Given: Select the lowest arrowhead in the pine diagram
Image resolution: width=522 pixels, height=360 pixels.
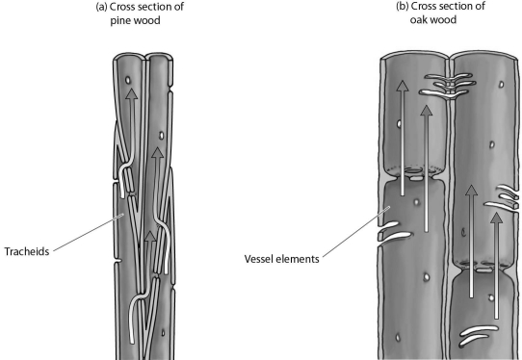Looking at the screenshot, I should point(147,235).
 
